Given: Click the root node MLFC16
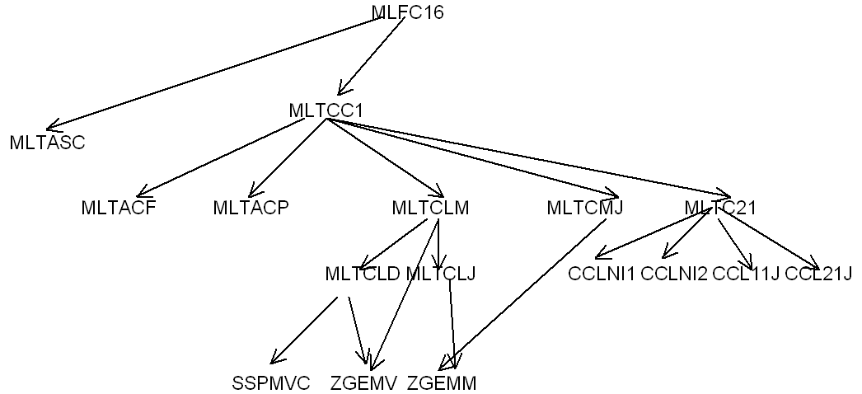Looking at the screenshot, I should tap(408, 12).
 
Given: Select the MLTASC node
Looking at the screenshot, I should tap(48, 143).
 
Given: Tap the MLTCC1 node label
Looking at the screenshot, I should tap(326, 110).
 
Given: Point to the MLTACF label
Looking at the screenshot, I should tap(119, 208).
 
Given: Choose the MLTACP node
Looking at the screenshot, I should tap(251, 208).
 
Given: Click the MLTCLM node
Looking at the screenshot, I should tap(431, 208).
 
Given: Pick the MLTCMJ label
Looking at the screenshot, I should tap(585, 208).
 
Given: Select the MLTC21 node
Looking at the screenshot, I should tap(719, 208).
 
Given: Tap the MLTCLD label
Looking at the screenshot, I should tap(363, 273).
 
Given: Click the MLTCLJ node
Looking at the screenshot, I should tap(441, 273).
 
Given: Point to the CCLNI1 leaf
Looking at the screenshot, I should tap(602, 273).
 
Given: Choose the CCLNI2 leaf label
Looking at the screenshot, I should tap(674, 273).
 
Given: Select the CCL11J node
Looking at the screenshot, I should tap(746, 273).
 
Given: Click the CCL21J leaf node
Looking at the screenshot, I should tap(818, 273).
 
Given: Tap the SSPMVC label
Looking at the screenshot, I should tap(271, 383).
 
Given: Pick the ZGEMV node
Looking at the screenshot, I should tap(364, 383).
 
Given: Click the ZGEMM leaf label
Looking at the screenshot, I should tap(442, 383).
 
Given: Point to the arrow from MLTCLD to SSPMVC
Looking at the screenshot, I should tap(305, 330).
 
